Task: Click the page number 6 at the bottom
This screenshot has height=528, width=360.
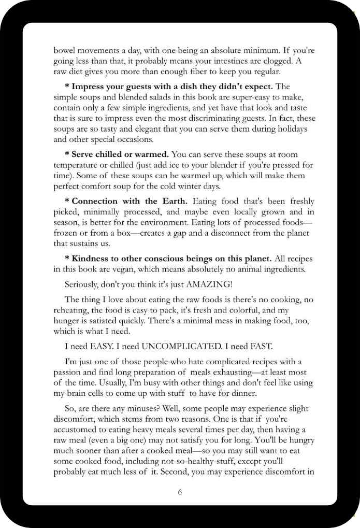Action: pos(180,492)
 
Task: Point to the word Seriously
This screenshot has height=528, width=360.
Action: pos(83,284)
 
